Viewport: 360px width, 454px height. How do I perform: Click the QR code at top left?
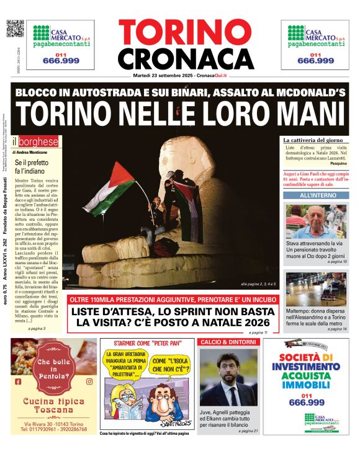[15, 29]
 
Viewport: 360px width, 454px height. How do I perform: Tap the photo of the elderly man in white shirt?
[317, 221]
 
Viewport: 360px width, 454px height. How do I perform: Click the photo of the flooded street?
[317, 289]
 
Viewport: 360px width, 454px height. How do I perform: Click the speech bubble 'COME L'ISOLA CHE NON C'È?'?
[168, 364]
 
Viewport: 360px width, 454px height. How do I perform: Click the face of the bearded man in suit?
[227, 372]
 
